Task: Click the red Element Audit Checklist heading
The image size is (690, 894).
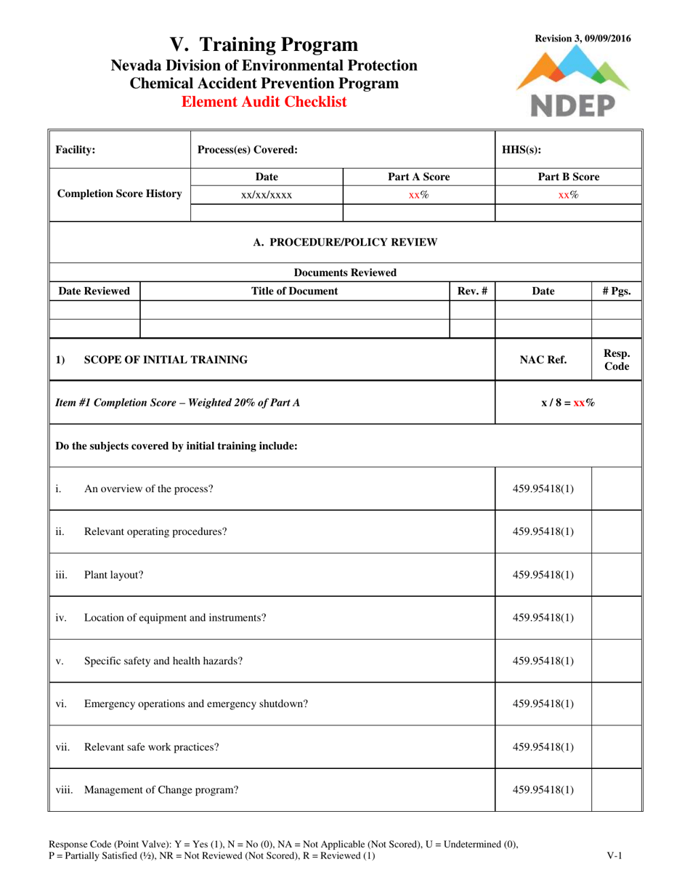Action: tap(264, 102)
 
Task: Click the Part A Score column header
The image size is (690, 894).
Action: tap(418, 177)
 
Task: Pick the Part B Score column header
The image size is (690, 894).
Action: tap(568, 177)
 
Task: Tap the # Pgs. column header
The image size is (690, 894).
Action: tap(617, 291)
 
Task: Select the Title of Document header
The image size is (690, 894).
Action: tap(294, 291)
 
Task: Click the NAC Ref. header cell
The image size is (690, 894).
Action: tap(543, 359)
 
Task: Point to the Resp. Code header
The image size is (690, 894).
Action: tap(617, 359)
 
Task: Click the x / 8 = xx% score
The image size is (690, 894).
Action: tap(568, 402)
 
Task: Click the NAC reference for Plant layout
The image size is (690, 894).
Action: tap(543, 575)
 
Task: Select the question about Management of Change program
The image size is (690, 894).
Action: tap(162, 789)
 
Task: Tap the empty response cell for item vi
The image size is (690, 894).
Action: tap(617, 704)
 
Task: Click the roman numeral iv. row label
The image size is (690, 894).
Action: tap(61, 618)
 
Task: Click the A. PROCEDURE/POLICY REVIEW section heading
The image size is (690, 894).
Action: tap(346, 242)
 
